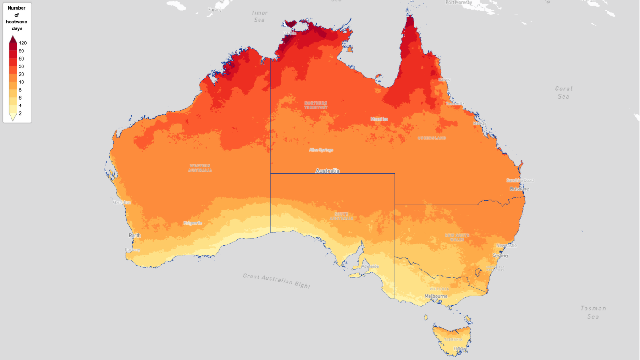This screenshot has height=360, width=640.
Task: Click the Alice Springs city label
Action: [x=321, y=150]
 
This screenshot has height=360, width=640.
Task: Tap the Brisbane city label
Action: [x=519, y=189]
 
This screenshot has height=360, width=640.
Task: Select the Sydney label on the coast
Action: [x=500, y=255]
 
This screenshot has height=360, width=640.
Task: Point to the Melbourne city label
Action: [x=436, y=296]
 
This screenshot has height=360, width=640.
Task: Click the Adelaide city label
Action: [x=370, y=266]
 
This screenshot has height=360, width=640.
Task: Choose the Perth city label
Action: [x=135, y=235]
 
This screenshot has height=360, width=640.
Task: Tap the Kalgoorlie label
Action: [x=193, y=223]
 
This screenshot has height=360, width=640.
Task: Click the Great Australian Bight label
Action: [x=276, y=280]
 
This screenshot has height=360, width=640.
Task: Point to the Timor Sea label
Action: [x=259, y=17]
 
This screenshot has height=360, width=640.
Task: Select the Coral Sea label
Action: [x=563, y=92]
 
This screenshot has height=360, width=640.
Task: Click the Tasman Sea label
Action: [x=593, y=312]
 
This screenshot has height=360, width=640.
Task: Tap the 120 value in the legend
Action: [x=22, y=43]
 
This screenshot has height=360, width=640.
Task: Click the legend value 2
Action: [x=20, y=113]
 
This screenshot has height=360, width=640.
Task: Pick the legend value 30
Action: [x=21, y=66]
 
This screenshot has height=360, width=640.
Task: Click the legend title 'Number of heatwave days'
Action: [x=17, y=18]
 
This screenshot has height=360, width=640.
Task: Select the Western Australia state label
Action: [x=200, y=168]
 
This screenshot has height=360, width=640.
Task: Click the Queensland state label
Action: [x=431, y=138]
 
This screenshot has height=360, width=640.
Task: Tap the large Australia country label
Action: [x=327, y=171]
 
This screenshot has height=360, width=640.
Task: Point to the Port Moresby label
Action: [x=459, y=3]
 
